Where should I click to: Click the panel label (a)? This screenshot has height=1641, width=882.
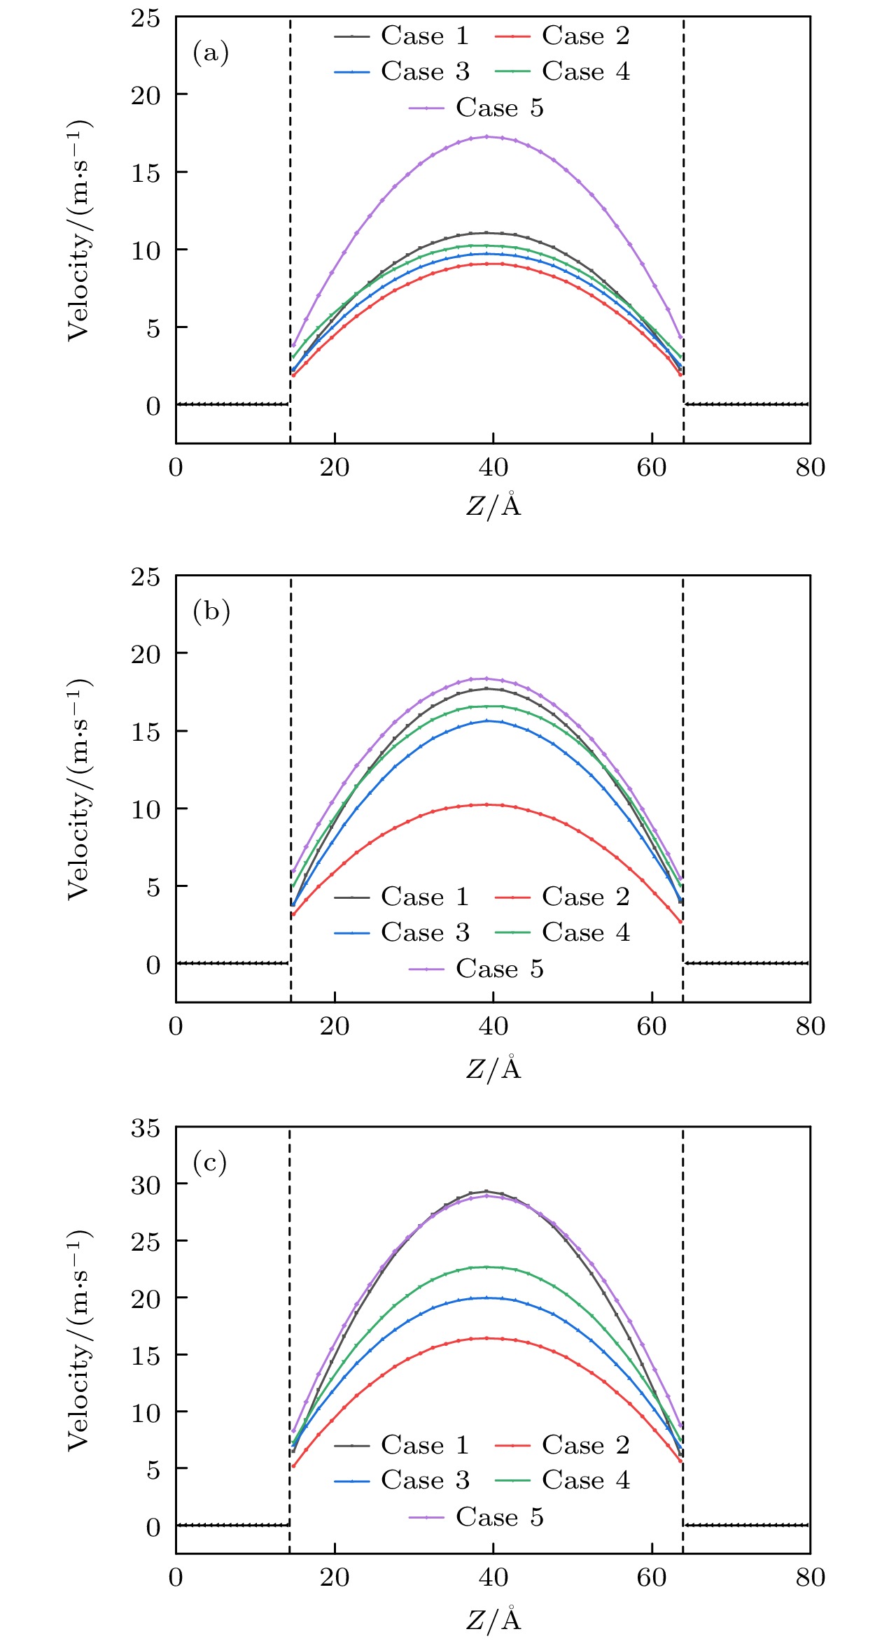[x=211, y=53]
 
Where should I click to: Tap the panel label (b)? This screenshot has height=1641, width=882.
[x=211, y=612]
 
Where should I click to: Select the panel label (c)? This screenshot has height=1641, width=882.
[x=210, y=1163]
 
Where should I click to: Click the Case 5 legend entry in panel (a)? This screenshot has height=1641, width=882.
[x=477, y=108]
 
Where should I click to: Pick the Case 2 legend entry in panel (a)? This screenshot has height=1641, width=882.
[x=563, y=36]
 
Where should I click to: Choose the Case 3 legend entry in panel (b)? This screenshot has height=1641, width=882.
[x=402, y=932]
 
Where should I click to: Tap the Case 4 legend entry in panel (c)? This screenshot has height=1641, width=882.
[x=563, y=1480]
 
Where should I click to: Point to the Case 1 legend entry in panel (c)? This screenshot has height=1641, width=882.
[x=402, y=1444]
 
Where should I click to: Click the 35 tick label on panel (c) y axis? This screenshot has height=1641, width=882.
[x=146, y=1128]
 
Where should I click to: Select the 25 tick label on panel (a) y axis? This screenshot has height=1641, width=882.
[x=146, y=18]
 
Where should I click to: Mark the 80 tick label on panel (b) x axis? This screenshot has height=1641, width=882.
[x=810, y=1026]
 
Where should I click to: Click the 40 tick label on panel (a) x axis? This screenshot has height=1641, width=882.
[x=493, y=467]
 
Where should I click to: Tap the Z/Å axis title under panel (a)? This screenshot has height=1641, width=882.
[x=493, y=505]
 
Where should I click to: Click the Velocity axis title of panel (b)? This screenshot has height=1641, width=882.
[x=79, y=788]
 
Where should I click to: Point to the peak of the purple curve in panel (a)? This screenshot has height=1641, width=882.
[x=487, y=136]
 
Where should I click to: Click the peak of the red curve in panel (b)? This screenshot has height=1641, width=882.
[x=487, y=804]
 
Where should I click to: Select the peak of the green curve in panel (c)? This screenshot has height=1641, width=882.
[x=487, y=1267]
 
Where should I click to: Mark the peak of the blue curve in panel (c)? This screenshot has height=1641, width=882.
[x=487, y=1298]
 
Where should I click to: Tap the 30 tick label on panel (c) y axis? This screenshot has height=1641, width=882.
[x=146, y=1184]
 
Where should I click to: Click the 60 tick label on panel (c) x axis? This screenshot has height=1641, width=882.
[x=652, y=1577]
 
